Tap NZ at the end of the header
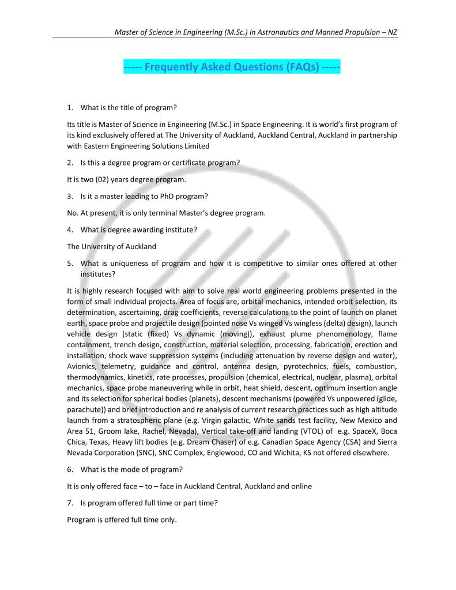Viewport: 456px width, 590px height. [x=392, y=32]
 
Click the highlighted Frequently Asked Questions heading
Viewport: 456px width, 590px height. [x=232, y=67]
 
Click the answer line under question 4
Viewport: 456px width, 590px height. [x=112, y=246]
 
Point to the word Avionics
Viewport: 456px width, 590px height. [x=84, y=366]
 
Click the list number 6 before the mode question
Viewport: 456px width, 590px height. [x=70, y=469]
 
